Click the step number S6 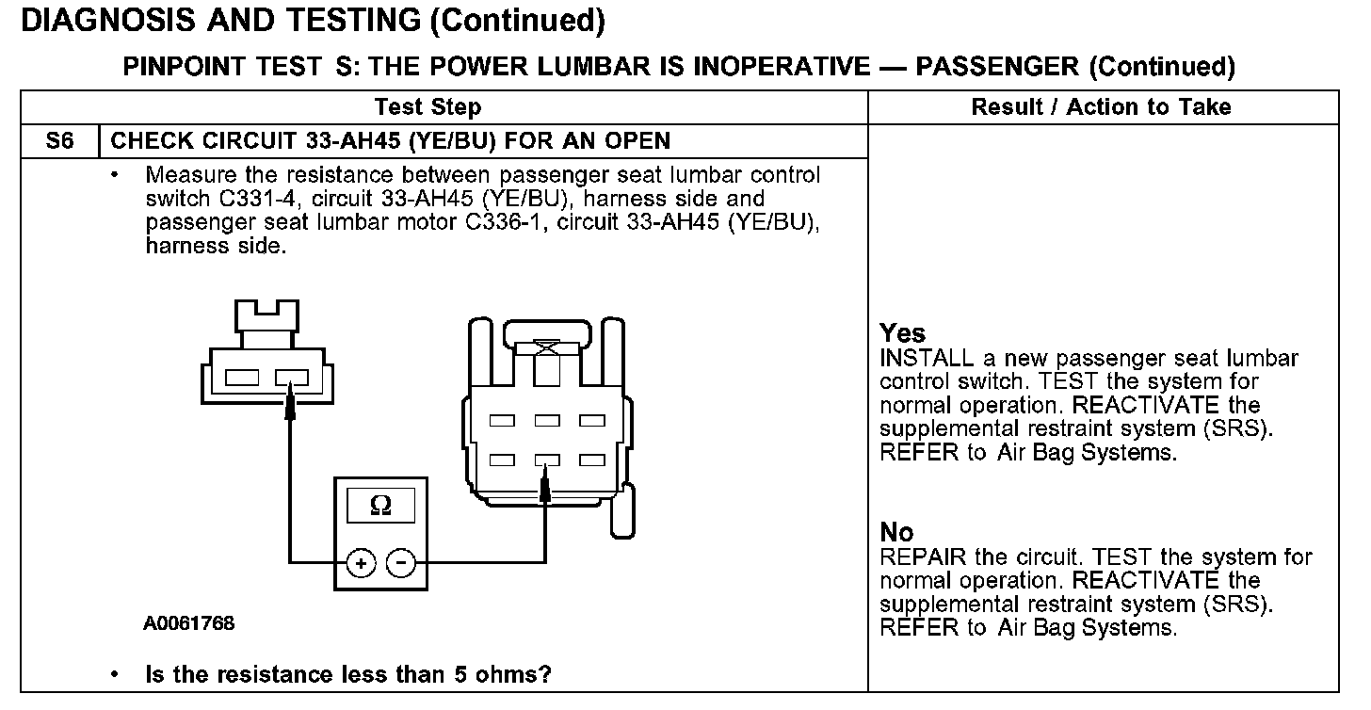tap(59, 141)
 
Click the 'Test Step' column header tap(427, 106)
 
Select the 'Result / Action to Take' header tap(1101, 106)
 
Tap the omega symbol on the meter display tap(381, 506)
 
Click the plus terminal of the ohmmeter tap(360, 563)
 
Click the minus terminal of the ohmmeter tap(402, 563)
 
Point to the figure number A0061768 tap(189, 623)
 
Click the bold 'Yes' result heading tap(902, 333)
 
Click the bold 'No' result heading tap(896, 532)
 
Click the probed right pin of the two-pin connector tap(291, 379)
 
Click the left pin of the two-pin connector tap(242, 379)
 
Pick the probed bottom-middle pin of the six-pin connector tap(547, 460)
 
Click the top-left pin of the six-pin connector tap(502, 420)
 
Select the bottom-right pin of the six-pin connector tap(591, 460)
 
